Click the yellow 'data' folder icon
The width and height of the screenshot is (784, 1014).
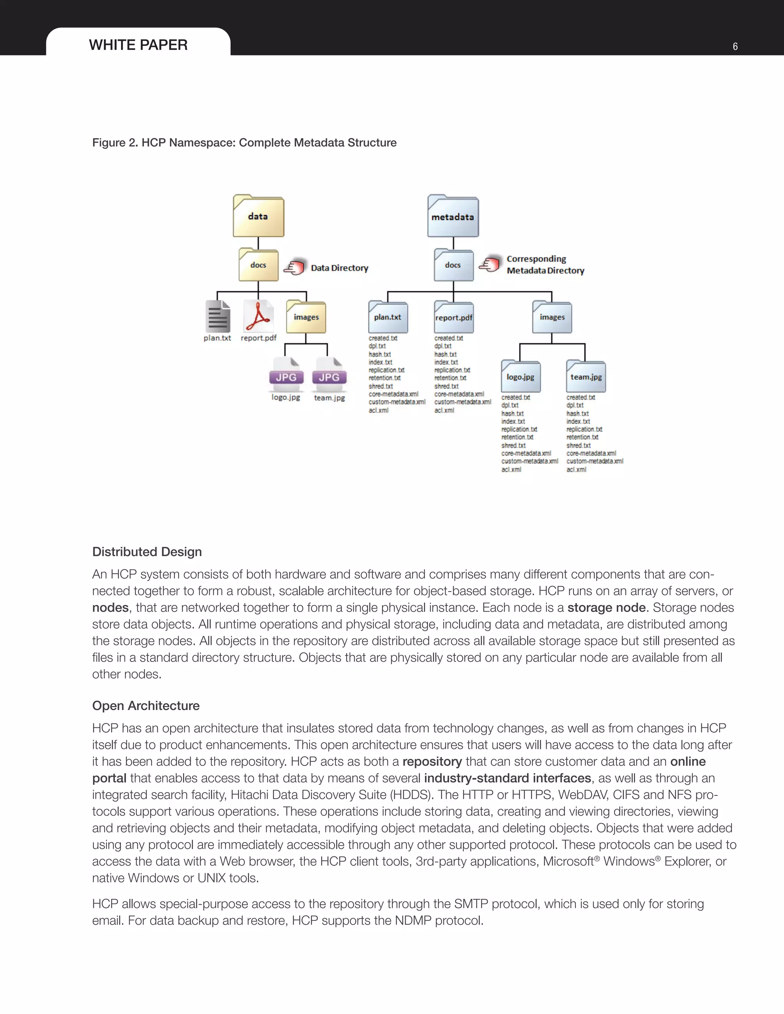[x=258, y=216]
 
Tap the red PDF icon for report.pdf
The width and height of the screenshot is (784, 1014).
[x=258, y=316]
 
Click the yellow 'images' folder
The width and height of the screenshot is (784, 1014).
[x=306, y=317]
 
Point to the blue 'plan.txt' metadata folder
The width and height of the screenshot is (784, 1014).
[x=388, y=317]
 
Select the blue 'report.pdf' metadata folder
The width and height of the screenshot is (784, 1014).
[x=453, y=317]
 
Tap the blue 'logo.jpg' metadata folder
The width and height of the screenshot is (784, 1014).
[x=520, y=377]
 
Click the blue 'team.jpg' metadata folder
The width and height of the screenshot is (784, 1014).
[x=586, y=377]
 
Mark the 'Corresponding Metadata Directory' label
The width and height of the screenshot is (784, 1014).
[x=545, y=265]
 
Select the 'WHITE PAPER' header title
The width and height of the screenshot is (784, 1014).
[x=139, y=45]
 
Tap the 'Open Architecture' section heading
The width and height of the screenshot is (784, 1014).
[x=146, y=705]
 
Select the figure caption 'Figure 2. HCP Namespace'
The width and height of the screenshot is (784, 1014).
[x=244, y=143]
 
